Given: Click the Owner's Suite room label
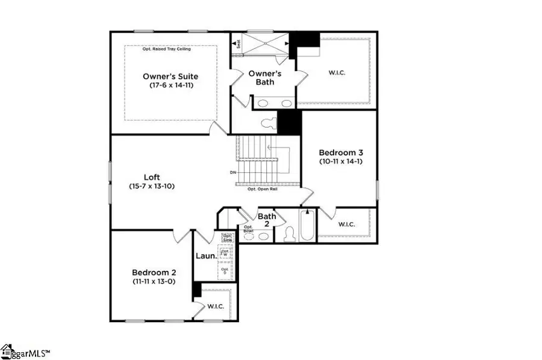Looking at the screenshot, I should click(170, 76).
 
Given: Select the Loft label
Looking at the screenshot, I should click(151, 177).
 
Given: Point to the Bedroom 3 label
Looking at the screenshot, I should click(340, 153).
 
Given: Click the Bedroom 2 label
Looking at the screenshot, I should click(154, 272).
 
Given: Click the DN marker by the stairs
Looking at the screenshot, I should click(233, 172).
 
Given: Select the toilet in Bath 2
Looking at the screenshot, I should click(288, 233).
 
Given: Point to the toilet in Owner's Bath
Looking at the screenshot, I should click(268, 122).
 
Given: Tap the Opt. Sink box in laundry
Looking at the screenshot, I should click(226, 237).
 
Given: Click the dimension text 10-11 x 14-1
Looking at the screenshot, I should click(340, 161).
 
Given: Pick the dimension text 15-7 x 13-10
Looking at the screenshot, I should click(151, 186).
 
